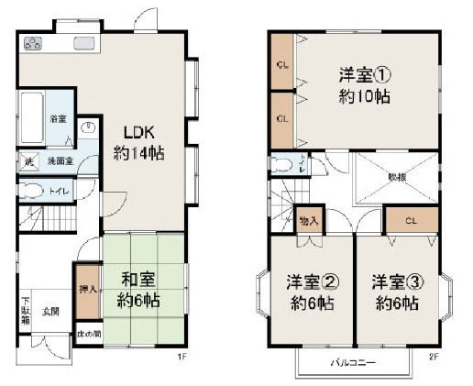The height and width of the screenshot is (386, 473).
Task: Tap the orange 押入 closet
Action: [87, 283]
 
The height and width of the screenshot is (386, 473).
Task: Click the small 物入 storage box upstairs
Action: [309, 221]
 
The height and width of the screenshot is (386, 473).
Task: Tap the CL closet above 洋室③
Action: [410, 220]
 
